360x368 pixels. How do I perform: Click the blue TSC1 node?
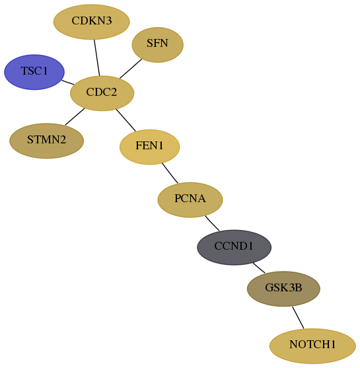34,72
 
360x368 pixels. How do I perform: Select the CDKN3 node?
92,22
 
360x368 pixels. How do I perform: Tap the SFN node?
157,44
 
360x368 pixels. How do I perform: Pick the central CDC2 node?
102,93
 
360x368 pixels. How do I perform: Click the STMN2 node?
46,141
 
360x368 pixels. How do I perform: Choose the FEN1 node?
150,147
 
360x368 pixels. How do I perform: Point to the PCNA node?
190,200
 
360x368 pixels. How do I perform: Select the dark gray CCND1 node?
234,247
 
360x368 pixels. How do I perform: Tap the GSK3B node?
283,289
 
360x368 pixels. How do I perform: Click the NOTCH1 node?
312,346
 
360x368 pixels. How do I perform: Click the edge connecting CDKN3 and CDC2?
97,57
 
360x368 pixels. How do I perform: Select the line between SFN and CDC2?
131,69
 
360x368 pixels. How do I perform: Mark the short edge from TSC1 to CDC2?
68,83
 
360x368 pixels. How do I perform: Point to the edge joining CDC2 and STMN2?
75,117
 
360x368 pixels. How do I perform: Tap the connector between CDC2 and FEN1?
126,120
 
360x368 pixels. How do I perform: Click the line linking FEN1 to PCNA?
170,173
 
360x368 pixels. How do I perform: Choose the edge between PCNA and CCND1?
212,223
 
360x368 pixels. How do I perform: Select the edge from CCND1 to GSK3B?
259,268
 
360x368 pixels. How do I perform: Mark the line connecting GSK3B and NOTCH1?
298,318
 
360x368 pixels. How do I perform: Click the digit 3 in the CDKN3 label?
108,21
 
